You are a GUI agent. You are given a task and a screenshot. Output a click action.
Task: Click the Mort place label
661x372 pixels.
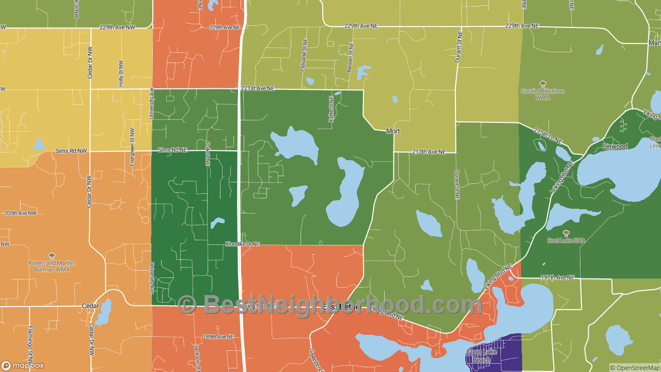(393, 131)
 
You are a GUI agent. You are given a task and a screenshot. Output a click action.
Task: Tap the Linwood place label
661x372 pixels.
(615, 147)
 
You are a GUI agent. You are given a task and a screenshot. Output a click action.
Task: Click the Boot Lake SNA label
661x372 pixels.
(566, 240)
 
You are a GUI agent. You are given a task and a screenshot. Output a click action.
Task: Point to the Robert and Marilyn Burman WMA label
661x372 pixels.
(52, 266)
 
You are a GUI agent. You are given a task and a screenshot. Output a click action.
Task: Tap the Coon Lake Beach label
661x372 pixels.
(482, 355)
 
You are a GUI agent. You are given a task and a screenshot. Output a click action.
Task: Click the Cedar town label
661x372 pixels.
(90, 306)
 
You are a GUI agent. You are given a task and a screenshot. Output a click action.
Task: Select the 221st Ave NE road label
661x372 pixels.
(257, 88)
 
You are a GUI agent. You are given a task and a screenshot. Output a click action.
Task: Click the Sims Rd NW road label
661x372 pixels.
(71, 150)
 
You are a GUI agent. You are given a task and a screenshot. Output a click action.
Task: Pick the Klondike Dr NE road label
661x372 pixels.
(242, 244)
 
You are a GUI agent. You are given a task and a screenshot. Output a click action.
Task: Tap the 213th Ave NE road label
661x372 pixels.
(429, 152)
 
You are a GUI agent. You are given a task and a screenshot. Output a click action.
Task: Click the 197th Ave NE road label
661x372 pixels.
(557, 277)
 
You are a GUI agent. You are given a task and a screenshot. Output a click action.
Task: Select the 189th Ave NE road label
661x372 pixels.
(218, 336)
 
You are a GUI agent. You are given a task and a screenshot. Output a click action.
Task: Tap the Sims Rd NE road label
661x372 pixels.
(172, 150)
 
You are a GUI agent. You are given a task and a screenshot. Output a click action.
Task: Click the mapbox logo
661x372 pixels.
(23, 365)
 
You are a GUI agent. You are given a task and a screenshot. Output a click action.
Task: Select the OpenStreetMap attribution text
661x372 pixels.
(635, 368)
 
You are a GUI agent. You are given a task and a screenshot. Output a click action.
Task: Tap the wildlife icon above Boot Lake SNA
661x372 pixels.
(566, 233)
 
